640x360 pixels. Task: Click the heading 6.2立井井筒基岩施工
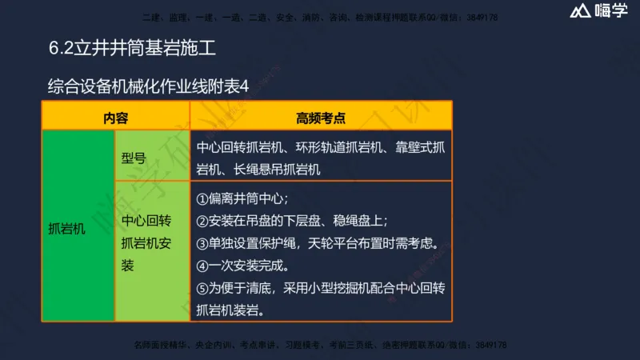point(132,48)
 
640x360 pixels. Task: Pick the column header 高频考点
point(320,118)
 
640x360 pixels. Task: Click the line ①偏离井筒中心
point(242,198)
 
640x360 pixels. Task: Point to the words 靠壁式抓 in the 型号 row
point(420,148)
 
